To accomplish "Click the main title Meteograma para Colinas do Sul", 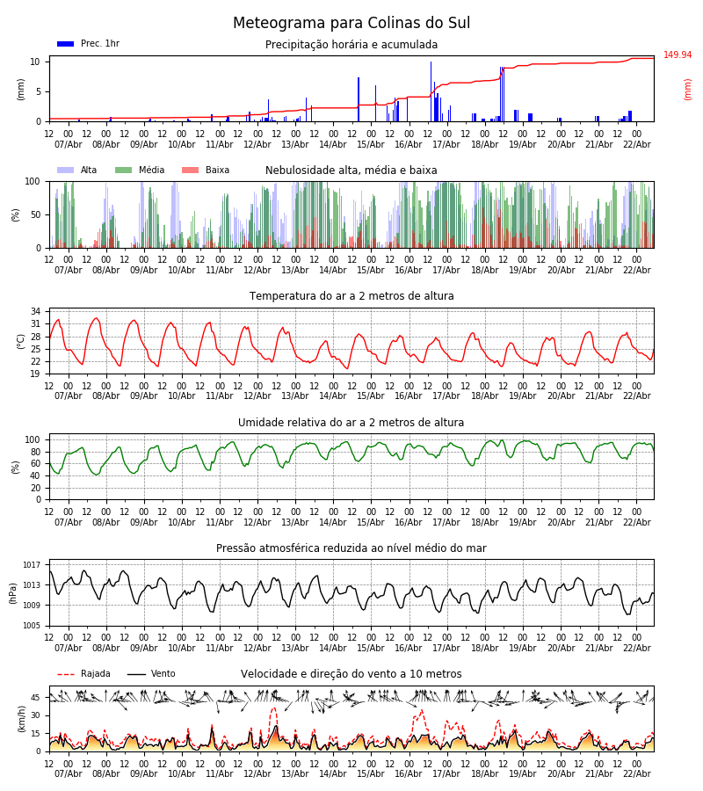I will [351, 24].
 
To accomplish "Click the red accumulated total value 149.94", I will [678, 55].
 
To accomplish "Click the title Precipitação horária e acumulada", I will [351, 45].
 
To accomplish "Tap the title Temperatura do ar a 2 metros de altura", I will [351, 296].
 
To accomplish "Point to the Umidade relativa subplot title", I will [351, 423].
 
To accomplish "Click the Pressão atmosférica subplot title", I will [351, 548].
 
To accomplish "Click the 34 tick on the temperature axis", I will [35, 312].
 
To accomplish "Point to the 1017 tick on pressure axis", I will [33, 565].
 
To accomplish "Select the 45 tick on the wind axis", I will [35, 698].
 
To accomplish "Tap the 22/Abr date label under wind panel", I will [636, 773].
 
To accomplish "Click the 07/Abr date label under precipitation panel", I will [68, 144].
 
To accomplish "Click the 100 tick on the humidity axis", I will [33, 439].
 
